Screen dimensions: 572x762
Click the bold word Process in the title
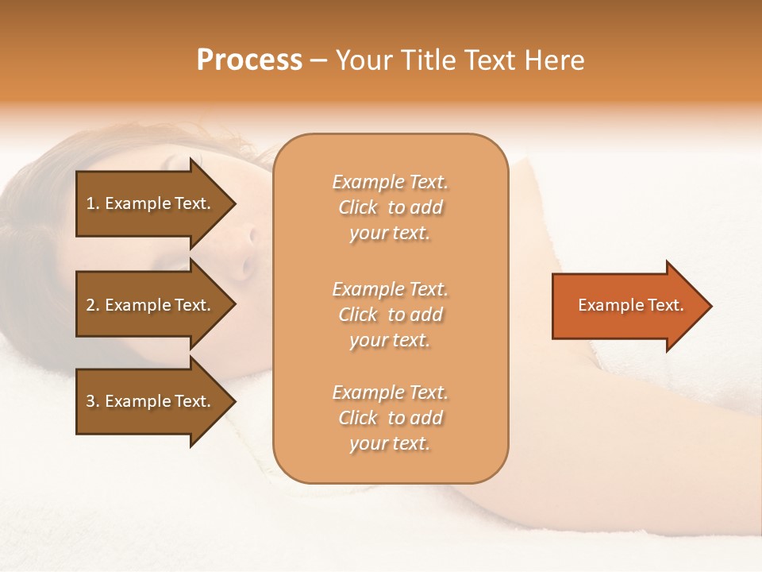[x=249, y=60]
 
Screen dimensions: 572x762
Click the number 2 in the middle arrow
[x=91, y=305]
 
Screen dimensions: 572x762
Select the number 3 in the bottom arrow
[x=91, y=401]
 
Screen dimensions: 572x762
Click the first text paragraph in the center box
[x=390, y=207]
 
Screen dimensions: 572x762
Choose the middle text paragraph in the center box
[x=390, y=315]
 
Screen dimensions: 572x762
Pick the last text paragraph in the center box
[x=390, y=418]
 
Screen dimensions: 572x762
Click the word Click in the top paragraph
[x=358, y=207]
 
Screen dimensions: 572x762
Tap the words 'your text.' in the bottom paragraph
[x=390, y=443]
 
